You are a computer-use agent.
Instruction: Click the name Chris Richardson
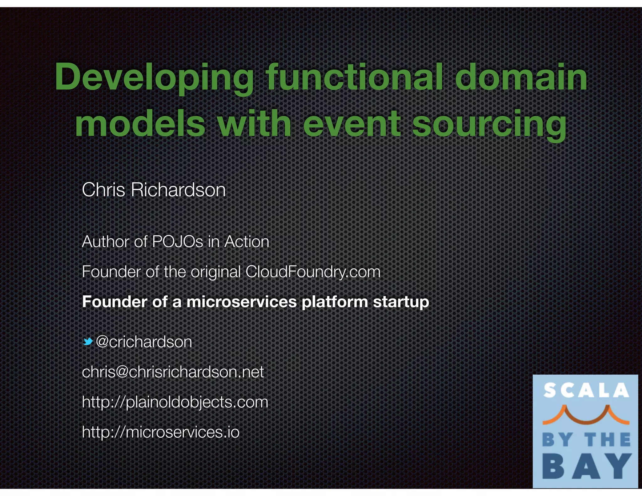[154, 190]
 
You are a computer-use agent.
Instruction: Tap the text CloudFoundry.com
[313, 272]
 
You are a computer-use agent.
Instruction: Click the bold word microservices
[242, 302]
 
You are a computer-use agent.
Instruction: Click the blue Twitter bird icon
[88, 341]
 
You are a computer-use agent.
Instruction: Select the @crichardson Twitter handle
[144, 341]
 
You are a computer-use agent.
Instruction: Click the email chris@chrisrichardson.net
[173, 372]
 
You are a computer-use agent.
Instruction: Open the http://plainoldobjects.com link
[175, 402]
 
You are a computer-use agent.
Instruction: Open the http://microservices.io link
[160, 432]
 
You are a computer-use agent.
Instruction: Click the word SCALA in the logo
[586, 391]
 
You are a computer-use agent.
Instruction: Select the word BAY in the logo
[586, 467]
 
